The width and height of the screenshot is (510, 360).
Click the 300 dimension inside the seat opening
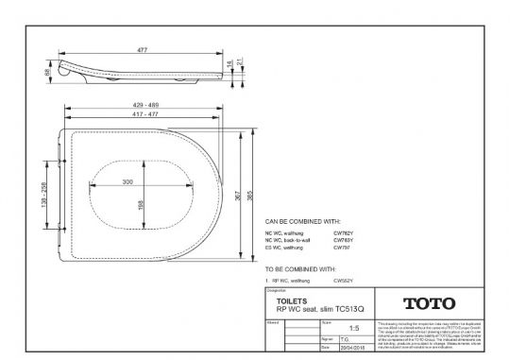tap(128, 180)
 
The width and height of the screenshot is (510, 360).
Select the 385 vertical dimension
tap(250, 195)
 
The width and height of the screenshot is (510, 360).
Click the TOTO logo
tap(429, 303)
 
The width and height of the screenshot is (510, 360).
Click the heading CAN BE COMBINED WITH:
tap(302, 221)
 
